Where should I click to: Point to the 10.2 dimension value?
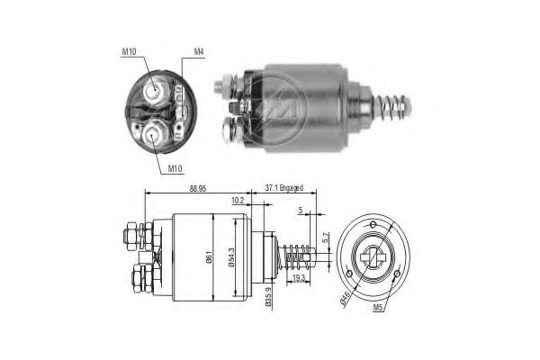click(x=237, y=201)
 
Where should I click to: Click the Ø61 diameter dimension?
click(x=210, y=256)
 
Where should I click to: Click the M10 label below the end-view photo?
click(x=175, y=167)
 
